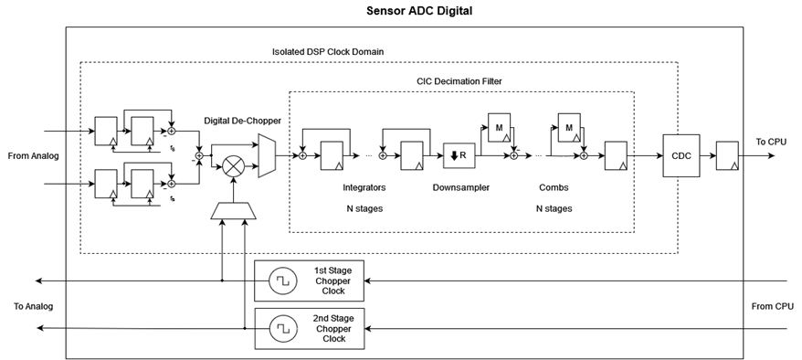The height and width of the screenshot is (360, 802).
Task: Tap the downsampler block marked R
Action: [459, 155]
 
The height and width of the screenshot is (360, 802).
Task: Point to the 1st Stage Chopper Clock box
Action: [309, 281]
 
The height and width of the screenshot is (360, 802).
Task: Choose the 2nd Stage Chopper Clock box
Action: [309, 327]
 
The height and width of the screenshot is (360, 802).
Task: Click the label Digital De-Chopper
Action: [243, 120]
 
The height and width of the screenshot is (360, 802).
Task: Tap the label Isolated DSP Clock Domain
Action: [328, 51]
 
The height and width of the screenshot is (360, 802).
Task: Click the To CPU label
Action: [772, 142]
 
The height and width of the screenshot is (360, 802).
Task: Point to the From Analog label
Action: [33, 156]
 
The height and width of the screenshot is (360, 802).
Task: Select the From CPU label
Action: [773, 306]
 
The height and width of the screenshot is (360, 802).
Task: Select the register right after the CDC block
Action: [728, 155]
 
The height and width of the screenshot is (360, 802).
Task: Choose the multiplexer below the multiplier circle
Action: [235, 211]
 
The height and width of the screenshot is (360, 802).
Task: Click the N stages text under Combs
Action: [554, 208]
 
